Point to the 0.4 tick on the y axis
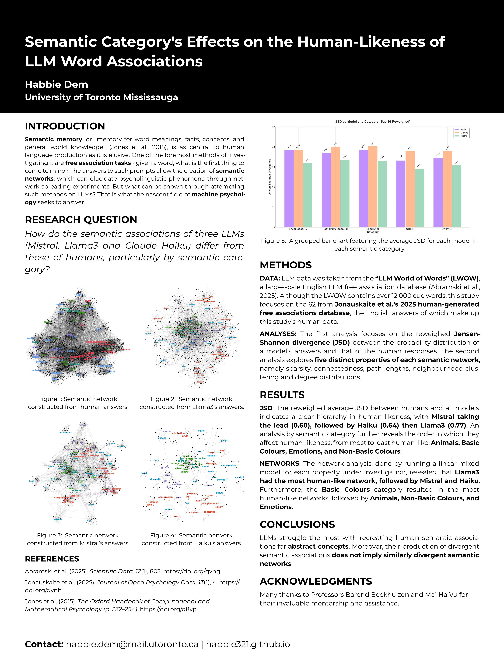(273, 187)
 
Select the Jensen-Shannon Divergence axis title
(270, 177)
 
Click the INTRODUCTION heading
(65, 126)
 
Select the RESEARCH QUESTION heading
(81, 219)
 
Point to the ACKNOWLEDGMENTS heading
(316, 581)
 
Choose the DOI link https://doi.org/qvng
(192, 571)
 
